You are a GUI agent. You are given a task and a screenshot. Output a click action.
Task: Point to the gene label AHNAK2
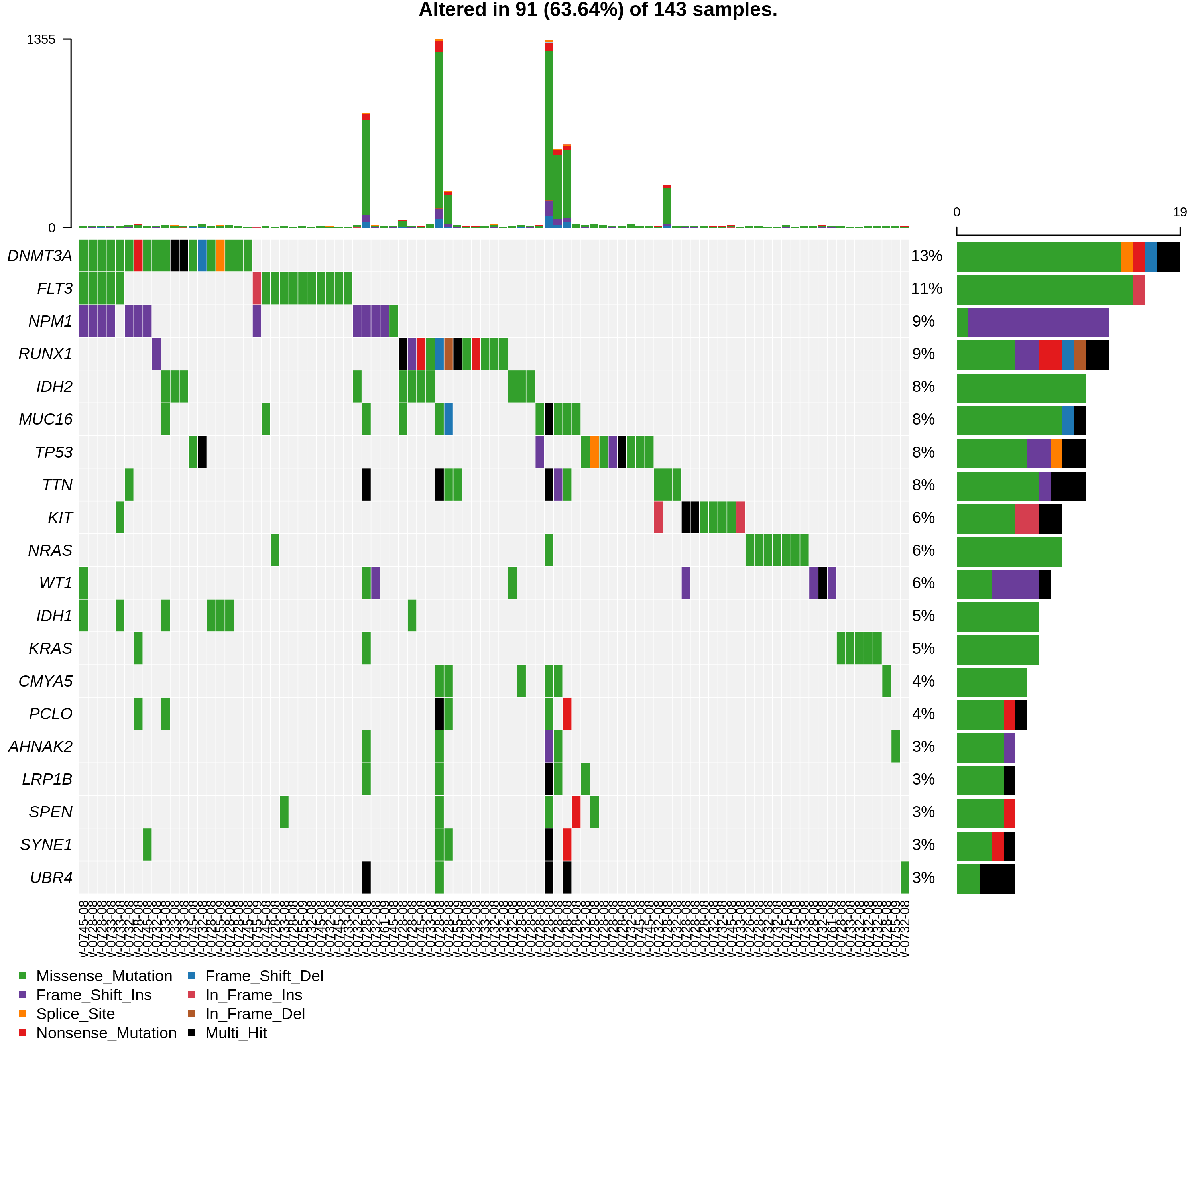(x=40, y=747)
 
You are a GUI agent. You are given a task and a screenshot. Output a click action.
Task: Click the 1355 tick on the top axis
(x=41, y=39)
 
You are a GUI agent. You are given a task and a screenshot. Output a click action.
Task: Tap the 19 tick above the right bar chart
(x=1179, y=212)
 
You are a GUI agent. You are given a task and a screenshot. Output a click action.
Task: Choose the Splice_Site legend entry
(x=75, y=1013)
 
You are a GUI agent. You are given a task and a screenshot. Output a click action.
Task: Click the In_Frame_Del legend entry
(x=254, y=1013)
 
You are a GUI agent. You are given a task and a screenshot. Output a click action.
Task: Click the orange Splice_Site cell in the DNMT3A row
(x=220, y=256)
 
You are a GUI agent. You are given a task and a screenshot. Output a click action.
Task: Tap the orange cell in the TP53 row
(x=594, y=452)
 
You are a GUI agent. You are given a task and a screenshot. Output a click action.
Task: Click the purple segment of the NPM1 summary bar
(x=1038, y=322)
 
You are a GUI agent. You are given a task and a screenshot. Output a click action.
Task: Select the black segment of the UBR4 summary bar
(x=997, y=879)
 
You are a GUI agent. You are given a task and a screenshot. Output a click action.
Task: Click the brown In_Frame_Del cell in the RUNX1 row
(x=448, y=354)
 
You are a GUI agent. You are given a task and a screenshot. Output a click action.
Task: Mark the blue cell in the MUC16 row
(x=448, y=419)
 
